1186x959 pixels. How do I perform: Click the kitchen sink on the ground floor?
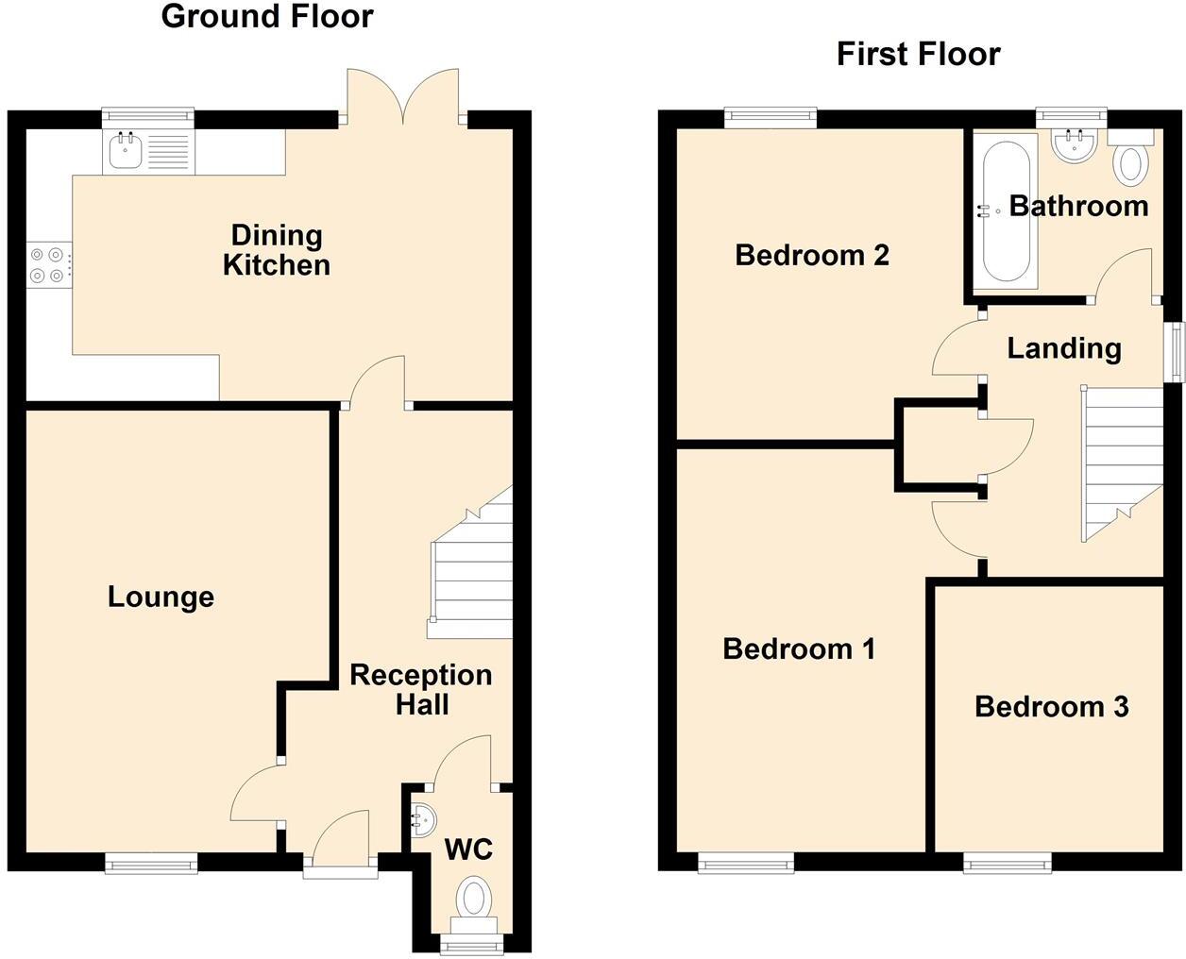click(x=126, y=151)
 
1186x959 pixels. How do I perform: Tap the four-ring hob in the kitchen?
click(x=48, y=264)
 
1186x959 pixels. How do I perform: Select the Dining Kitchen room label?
click(x=277, y=250)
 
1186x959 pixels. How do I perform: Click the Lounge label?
click(x=161, y=597)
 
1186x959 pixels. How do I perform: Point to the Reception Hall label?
click(x=420, y=689)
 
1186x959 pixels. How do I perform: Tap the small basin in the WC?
click(x=420, y=819)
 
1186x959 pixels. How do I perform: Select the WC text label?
click(x=468, y=850)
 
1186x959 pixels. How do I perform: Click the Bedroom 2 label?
click(x=812, y=255)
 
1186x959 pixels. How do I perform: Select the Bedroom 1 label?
click(x=799, y=648)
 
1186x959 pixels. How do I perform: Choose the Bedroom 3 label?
click(x=1051, y=706)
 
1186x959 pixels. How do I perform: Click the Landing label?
click(x=1064, y=347)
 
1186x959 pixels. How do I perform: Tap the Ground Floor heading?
click(x=267, y=16)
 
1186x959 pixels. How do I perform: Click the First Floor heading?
click(x=918, y=54)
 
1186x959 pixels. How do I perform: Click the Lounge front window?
click(x=151, y=862)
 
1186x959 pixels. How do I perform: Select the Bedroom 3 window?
click(x=1007, y=861)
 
